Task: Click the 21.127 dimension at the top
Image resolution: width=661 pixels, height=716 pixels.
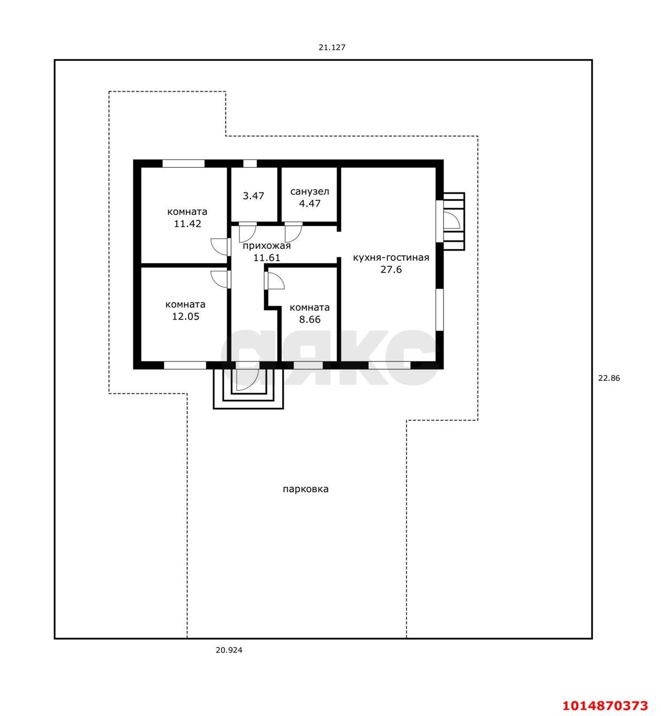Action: pyautogui.click(x=332, y=47)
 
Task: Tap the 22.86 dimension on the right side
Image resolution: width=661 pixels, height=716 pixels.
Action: pyautogui.click(x=609, y=378)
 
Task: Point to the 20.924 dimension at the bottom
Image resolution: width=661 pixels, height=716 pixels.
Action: pyautogui.click(x=229, y=650)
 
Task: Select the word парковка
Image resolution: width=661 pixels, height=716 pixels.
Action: pyautogui.click(x=305, y=489)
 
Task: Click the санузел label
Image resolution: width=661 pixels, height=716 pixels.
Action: pyautogui.click(x=310, y=191)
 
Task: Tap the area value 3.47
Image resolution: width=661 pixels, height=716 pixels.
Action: pyautogui.click(x=253, y=196)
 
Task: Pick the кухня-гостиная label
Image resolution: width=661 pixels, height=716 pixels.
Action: pyautogui.click(x=391, y=257)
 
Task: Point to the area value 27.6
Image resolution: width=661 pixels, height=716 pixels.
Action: pyautogui.click(x=391, y=269)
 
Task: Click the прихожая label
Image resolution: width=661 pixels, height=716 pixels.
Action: pyautogui.click(x=267, y=246)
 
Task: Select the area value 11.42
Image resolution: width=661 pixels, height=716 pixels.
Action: pyautogui.click(x=187, y=224)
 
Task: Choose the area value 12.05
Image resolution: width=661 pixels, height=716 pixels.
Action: pyautogui.click(x=186, y=316)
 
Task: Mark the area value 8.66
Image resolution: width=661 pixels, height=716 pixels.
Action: pyautogui.click(x=310, y=319)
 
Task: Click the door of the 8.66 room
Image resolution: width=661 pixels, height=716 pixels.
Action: pyautogui.click(x=275, y=280)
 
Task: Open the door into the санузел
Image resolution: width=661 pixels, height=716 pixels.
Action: pyautogui.click(x=293, y=233)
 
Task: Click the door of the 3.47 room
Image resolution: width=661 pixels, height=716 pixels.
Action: pyautogui.click(x=247, y=233)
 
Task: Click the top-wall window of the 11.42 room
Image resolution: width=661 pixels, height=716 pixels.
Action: pyautogui.click(x=183, y=163)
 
